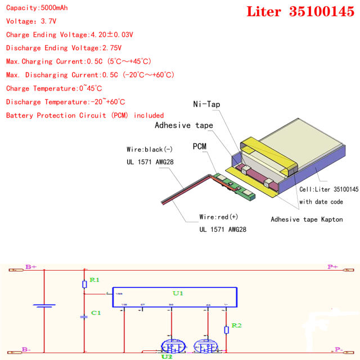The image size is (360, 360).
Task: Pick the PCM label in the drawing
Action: pos(200,146)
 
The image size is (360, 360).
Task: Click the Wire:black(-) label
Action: pos(150,150)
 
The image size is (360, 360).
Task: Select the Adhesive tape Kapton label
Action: pos(307,219)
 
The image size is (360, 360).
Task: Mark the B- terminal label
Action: pos(26,350)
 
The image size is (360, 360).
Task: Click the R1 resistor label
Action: pos(94,280)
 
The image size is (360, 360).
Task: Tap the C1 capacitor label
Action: pos(96,312)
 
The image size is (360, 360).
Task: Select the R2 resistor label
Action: pos(237,326)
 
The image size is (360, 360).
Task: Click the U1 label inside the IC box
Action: pos(178,293)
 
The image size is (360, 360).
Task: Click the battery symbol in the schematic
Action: pos(44,307)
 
